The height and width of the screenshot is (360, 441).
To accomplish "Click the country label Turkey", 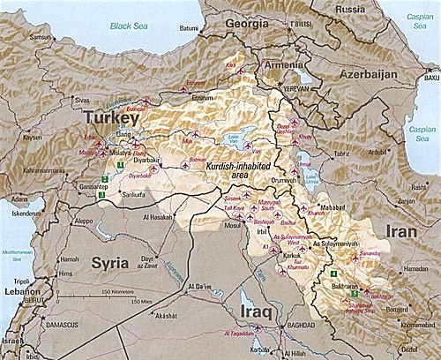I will click(x=112, y=118).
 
